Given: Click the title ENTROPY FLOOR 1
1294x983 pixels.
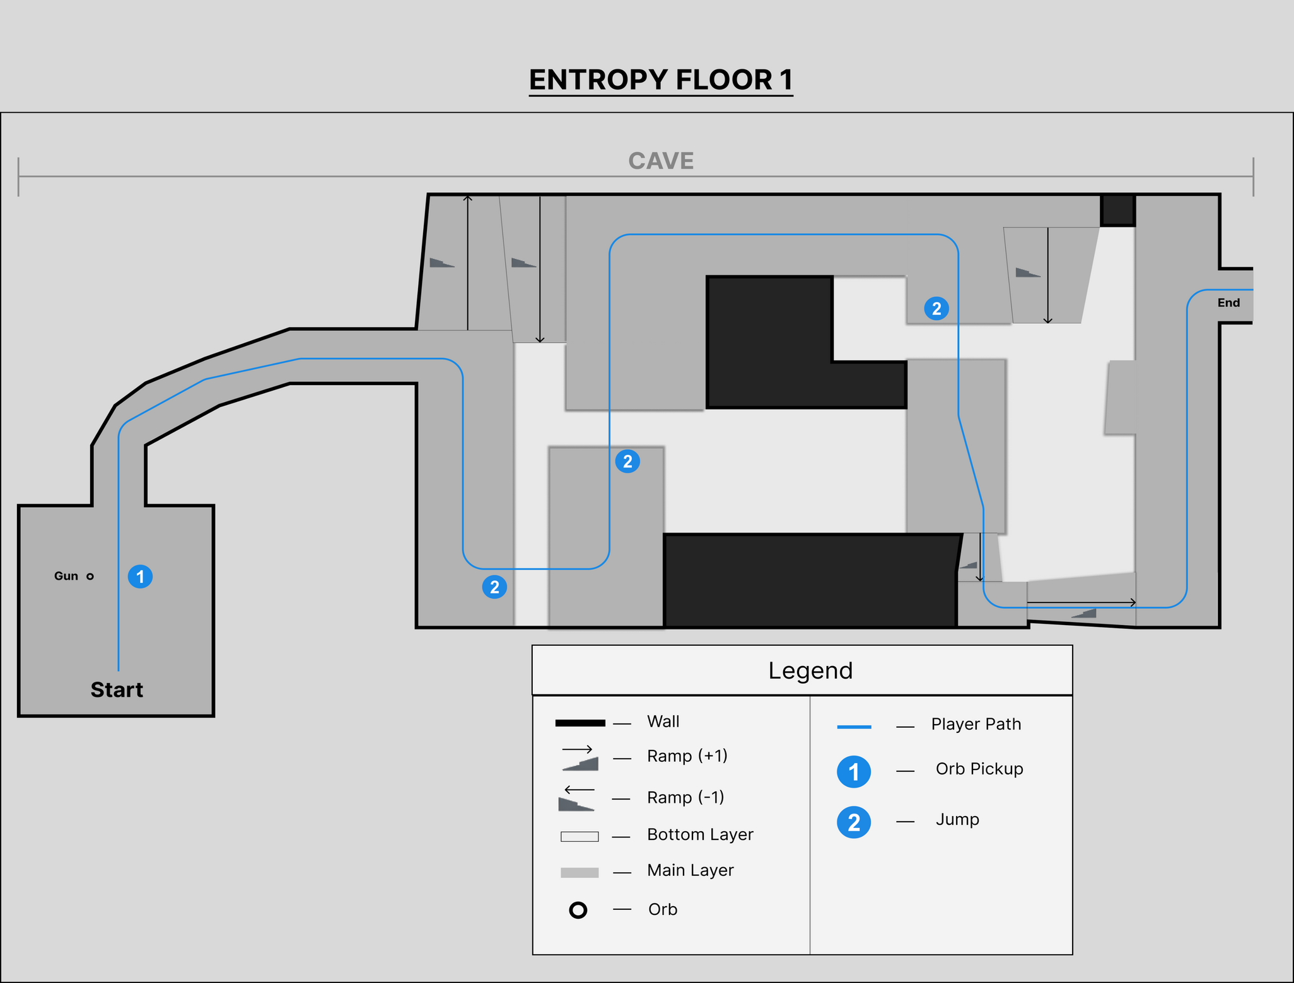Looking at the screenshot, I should pyautogui.click(x=660, y=80).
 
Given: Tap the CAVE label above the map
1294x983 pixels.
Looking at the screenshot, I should pyautogui.click(x=660, y=161).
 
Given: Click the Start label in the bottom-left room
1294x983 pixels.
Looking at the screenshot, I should pyautogui.click(x=117, y=689).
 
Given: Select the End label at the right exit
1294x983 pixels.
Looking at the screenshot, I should pyautogui.click(x=1228, y=302).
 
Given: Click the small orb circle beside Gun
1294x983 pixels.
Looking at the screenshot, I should pyautogui.click(x=90, y=576).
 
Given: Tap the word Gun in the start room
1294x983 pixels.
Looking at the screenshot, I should pyautogui.click(x=66, y=576).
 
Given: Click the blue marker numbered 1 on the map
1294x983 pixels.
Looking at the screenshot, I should pyautogui.click(x=140, y=577).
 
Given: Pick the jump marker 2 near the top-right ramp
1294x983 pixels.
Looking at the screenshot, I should pyautogui.click(x=936, y=308).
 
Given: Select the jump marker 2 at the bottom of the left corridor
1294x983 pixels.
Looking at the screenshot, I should pyautogui.click(x=494, y=587).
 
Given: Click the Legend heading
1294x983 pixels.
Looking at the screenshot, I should pyautogui.click(x=810, y=670).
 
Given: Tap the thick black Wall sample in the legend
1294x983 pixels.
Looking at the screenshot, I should pyautogui.click(x=580, y=723).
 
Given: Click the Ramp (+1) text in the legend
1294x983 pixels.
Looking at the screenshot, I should pyautogui.click(x=687, y=756).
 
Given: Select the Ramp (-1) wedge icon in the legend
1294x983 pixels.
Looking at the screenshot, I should pyautogui.click(x=576, y=804).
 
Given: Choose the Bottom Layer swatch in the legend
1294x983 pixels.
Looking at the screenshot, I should pyautogui.click(x=579, y=837).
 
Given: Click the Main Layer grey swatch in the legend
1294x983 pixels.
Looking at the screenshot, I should pyautogui.click(x=579, y=873).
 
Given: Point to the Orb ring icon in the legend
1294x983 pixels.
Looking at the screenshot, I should pyautogui.click(x=578, y=910).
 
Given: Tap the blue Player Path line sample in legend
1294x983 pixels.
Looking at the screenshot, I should pyautogui.click(x=853, y=727).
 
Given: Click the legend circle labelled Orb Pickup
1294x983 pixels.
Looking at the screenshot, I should pyautogui.click(x=853, y=772).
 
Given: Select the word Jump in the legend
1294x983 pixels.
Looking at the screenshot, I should pyautogui.click(x=957, y=820).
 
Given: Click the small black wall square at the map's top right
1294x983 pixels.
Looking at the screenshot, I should pyautogui.click(x=1117, y=210).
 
